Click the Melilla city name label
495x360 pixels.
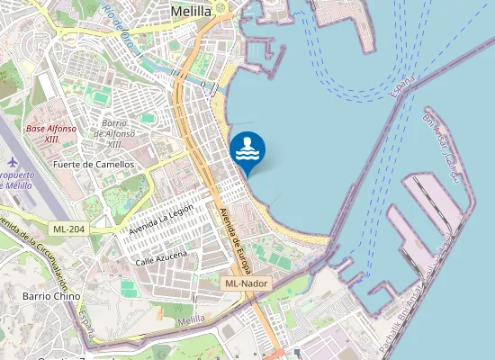click(x=190, y=12)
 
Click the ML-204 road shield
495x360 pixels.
click(x=68, y=229)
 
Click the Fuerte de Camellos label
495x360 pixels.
click(x=94, y=165)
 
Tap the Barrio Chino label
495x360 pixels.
click(x=51, y=296)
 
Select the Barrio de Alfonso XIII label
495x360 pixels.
click(x=114, y=133)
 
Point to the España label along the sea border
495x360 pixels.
click(x=403, y=86)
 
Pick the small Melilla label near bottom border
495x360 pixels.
click(x=192, y=320)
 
